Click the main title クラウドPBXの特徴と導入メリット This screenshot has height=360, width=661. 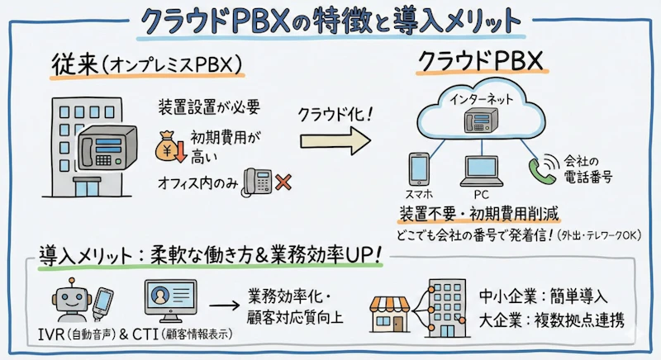pos(330,21)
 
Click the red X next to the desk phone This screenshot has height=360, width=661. pos(283,182)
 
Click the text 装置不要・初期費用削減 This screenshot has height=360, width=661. pos(479,215)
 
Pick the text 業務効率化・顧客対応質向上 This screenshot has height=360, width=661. pos(295,308)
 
